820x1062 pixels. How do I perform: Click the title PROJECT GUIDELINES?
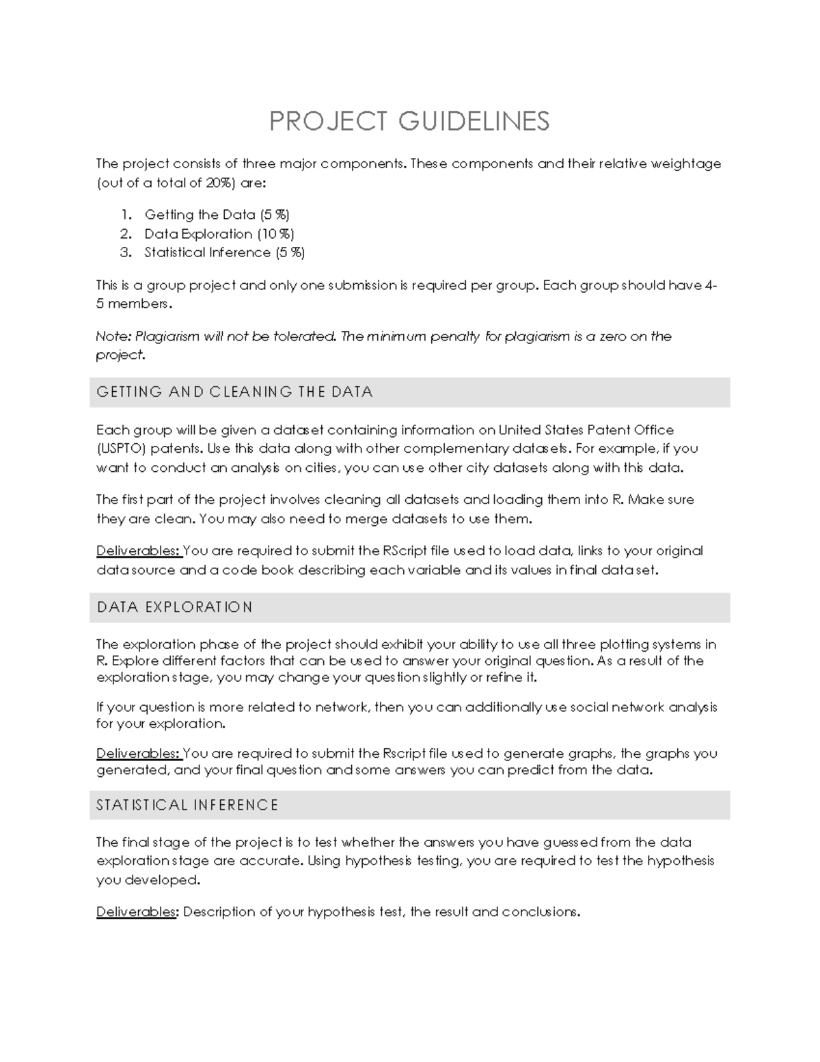409,121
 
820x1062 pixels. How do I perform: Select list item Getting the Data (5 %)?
217,215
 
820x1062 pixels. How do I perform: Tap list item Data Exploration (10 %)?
219,234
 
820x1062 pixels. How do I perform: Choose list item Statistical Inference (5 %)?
224,252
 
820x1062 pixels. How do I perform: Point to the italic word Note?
113,336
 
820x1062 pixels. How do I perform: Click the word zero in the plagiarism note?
612,336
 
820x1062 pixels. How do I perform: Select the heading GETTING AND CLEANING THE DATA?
234,393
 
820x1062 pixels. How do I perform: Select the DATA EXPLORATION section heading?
174,607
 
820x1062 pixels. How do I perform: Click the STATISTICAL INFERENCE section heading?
187,806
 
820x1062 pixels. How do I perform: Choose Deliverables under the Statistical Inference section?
136,912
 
